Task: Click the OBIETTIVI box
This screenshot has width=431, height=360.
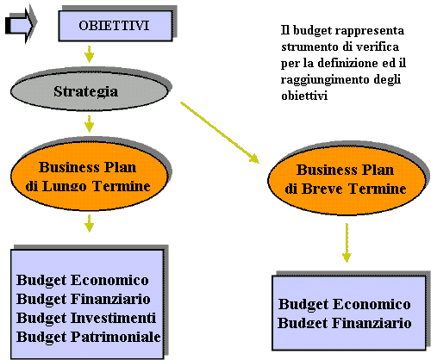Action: coord(116,26)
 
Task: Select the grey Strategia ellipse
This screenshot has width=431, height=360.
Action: coord(89,91)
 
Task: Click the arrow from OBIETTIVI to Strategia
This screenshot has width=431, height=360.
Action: coord(90,53)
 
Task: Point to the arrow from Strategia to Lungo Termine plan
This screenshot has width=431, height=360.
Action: coord(90,124)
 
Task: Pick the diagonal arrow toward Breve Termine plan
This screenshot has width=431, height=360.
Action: coord(220,133)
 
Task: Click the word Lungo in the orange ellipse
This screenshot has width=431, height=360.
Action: coord(65,187)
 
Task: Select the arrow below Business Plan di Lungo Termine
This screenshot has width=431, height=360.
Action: coord(90,223)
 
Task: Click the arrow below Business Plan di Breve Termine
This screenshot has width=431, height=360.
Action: coord(347,243)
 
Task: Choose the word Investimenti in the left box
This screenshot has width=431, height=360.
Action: coord(113,318)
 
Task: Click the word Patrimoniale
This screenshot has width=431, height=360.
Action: coord(116,337)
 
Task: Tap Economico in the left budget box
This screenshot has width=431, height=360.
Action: coord(109,280)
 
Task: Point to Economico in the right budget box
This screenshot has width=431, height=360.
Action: coord(372,304)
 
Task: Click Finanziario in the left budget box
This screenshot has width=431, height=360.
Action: coord(110,299)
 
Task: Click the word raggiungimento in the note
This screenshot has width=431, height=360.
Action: coord(325,80)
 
